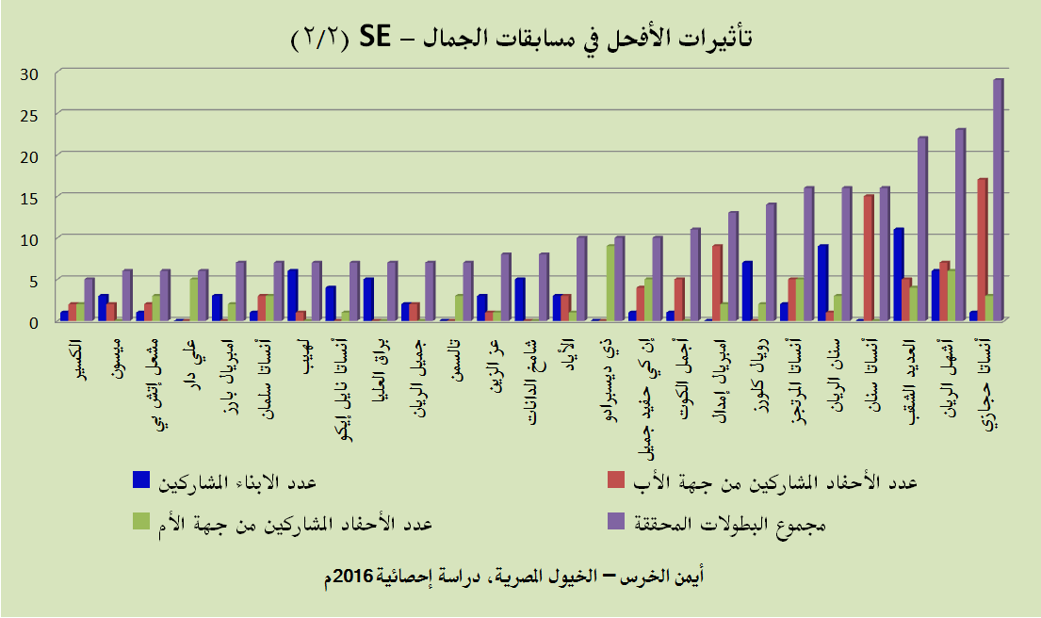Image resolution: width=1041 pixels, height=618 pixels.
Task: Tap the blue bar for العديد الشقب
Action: [899, 274]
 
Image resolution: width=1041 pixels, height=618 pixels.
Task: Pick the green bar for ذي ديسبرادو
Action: [610, 283]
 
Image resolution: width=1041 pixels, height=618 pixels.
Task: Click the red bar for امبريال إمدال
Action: [717, 283]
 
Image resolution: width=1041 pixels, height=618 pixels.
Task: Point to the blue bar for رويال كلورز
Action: [747, 291]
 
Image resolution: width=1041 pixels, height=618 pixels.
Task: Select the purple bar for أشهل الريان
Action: [960, 225]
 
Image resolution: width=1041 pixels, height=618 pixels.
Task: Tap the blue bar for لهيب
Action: [293, 295]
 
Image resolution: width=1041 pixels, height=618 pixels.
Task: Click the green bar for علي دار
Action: [193, 300]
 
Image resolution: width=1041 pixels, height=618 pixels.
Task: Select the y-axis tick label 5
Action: [32, 280]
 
